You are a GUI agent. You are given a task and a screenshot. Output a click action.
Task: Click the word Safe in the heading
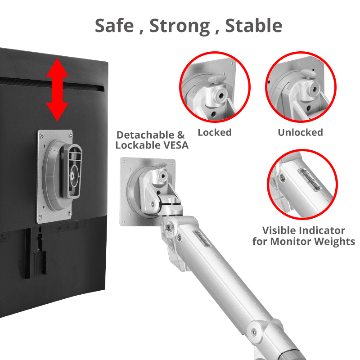coord(114,26)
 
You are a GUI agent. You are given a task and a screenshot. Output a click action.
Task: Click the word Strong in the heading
coord(180,27)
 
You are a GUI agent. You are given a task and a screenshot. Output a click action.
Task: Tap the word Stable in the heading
coord(253,26)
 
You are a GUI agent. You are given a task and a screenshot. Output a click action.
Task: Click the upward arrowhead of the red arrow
coord(58,68)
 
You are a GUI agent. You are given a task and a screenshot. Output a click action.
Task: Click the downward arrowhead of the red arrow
coord(58,112)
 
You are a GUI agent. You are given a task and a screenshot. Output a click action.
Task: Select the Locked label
coord(215,132)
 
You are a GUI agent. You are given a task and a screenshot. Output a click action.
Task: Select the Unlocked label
coord(300,132)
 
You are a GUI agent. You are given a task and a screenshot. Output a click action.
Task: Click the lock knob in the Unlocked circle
coord(309,74)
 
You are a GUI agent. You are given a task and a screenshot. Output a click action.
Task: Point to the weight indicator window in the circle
coord(310,180)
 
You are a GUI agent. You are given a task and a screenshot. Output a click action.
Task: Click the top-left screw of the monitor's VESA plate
coord(41,135)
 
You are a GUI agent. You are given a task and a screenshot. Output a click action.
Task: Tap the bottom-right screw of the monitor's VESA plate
coord(70,213)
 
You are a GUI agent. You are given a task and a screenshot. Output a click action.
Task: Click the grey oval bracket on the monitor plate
coord(72,171)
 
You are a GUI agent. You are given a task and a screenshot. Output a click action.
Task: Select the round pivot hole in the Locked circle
coord(221,95)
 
